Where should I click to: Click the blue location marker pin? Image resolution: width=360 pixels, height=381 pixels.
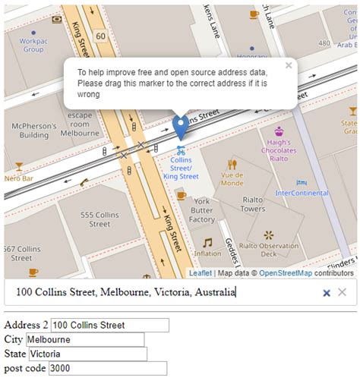point(180,126)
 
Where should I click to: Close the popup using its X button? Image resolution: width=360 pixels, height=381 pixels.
point(289,66)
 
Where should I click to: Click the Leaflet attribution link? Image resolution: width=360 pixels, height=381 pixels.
point(201,273)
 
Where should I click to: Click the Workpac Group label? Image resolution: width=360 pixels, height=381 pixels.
point(33,46)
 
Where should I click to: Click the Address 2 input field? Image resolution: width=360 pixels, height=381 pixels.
point(109,325)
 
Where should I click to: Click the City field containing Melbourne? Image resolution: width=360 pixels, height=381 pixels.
point(84,339)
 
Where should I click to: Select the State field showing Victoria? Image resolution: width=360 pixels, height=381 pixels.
point(87,354)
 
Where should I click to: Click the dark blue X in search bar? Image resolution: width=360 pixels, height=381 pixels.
point(327,292)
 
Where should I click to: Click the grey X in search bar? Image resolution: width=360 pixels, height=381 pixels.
point(343,292)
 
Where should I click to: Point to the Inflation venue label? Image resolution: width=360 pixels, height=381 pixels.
point(207,253)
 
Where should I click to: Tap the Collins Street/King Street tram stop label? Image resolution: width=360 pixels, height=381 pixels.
point(181,168)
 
